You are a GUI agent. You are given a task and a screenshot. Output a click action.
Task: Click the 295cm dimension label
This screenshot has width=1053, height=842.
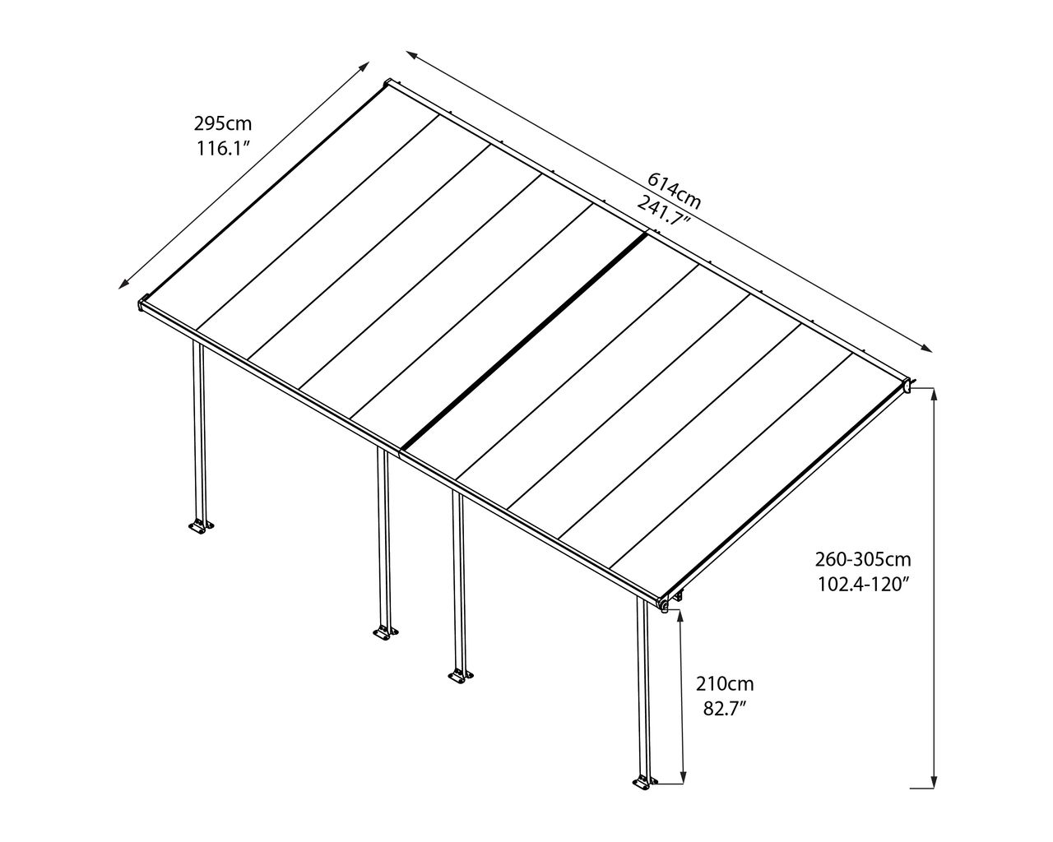223,123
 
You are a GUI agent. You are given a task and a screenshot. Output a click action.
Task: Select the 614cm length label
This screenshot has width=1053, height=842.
675,191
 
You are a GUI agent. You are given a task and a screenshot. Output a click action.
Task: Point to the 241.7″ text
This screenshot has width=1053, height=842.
664,210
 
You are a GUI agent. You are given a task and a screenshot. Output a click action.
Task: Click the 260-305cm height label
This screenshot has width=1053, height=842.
863,559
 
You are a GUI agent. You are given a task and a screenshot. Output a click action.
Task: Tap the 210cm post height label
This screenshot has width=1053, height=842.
725,684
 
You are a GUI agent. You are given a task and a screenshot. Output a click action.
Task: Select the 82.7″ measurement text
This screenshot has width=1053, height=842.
724,709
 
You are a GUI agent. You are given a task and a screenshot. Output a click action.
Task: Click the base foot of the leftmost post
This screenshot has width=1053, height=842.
201,526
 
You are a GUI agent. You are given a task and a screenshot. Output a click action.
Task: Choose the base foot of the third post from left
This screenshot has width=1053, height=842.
461,676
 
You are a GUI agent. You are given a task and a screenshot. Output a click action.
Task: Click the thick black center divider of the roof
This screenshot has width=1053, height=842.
524,341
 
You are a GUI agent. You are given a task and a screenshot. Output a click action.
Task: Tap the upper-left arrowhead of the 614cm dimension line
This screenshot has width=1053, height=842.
412,54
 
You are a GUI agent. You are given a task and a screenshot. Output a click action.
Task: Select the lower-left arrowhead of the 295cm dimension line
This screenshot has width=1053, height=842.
123,284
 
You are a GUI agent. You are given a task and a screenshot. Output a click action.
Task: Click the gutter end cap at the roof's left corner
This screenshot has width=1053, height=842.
143,303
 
